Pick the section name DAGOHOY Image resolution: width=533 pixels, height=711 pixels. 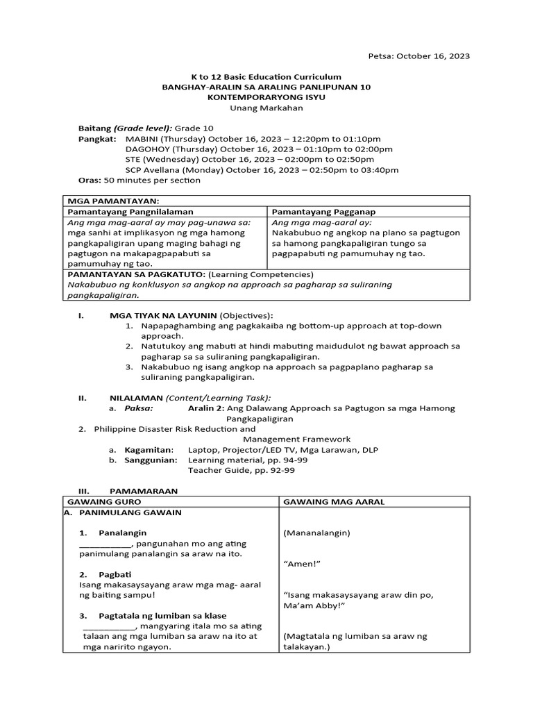click(x=149, y=149)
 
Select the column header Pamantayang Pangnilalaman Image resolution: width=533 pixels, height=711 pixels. click(x=130, y=211)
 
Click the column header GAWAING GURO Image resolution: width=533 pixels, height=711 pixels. click(x=104, y=501)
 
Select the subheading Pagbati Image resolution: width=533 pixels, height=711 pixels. click(x=115, y=574)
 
